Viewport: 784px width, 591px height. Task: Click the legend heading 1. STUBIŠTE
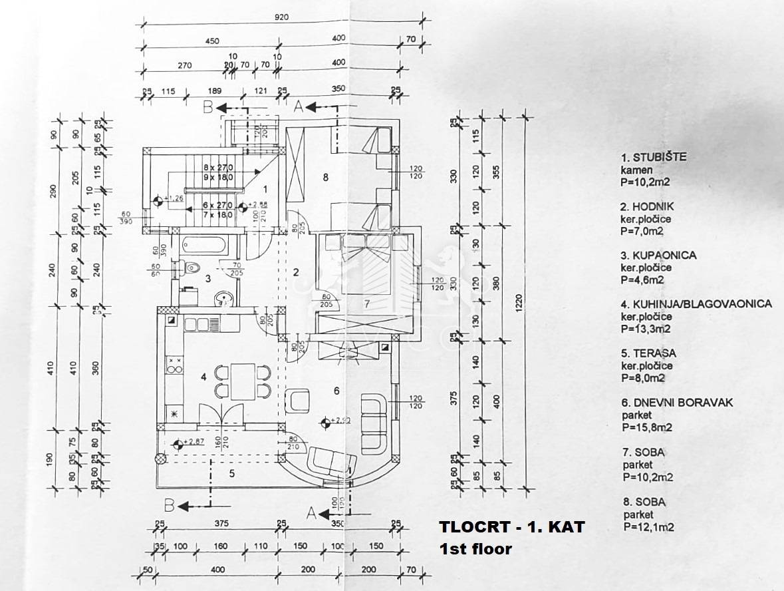click(x=654, y=158)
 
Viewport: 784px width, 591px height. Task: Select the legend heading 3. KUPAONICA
click(x=659, y=255)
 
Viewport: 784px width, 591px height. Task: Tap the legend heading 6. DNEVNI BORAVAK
click(x=676, y=403)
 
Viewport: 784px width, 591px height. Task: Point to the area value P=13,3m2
click(x=646, y=328)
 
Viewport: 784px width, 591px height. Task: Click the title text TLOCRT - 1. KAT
click(x=511, y=527)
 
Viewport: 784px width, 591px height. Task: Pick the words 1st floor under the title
click(x=475, y=549)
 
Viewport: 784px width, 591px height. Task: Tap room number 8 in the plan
click(x=325, y=177)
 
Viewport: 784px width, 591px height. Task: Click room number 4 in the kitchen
click(x=204, y=377)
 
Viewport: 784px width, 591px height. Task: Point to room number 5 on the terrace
click(x=232, y=474)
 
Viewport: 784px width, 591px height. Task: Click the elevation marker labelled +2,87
click(x=178, y=444)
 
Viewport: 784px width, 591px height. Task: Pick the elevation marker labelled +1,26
click(x=158, y=198)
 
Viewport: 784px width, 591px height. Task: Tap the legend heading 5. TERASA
click(x=648, y=353)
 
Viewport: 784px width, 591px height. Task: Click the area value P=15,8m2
click(x=647, y=427)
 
